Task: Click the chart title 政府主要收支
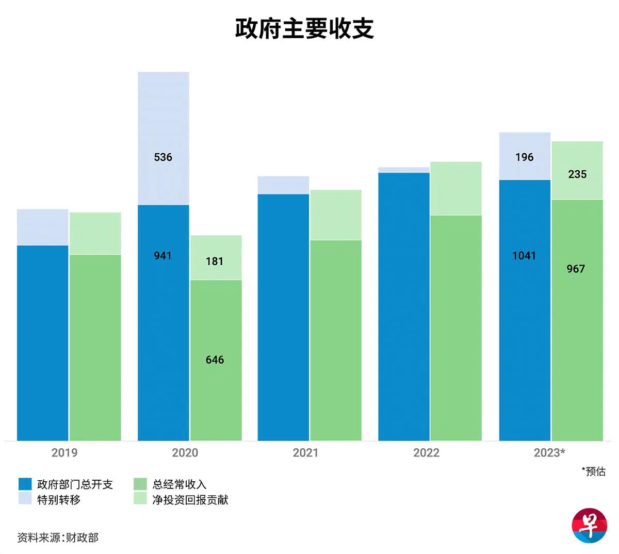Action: [x=304, y=29]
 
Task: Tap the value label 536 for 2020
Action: [x=163, y=157]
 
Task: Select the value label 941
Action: [x=163, y=255]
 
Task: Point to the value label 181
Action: [x=215, y=262]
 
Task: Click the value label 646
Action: [x=215, y=360]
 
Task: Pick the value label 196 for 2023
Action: [x=524, y=157]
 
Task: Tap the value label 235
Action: [x=577, y=174]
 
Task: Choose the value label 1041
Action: [x=524, y=255]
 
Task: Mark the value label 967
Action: [x=576, y=269]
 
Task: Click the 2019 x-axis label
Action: [x=64, y=453]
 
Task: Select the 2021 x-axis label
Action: [x=305, y=453]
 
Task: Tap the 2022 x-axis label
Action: [x=426, y=453]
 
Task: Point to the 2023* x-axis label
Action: [x=549, y=453]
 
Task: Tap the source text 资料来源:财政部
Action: [x=58, y=537]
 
